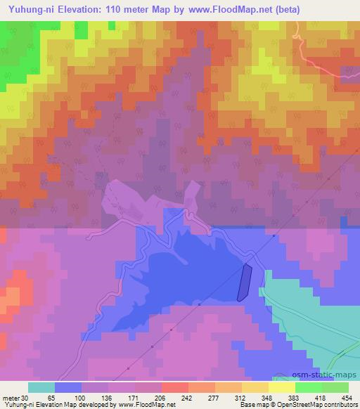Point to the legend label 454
(347, 397)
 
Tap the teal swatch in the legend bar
(41, 387)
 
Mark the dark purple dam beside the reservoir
(245, 283)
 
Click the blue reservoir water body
(183, 267)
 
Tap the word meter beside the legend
(10, 397)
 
